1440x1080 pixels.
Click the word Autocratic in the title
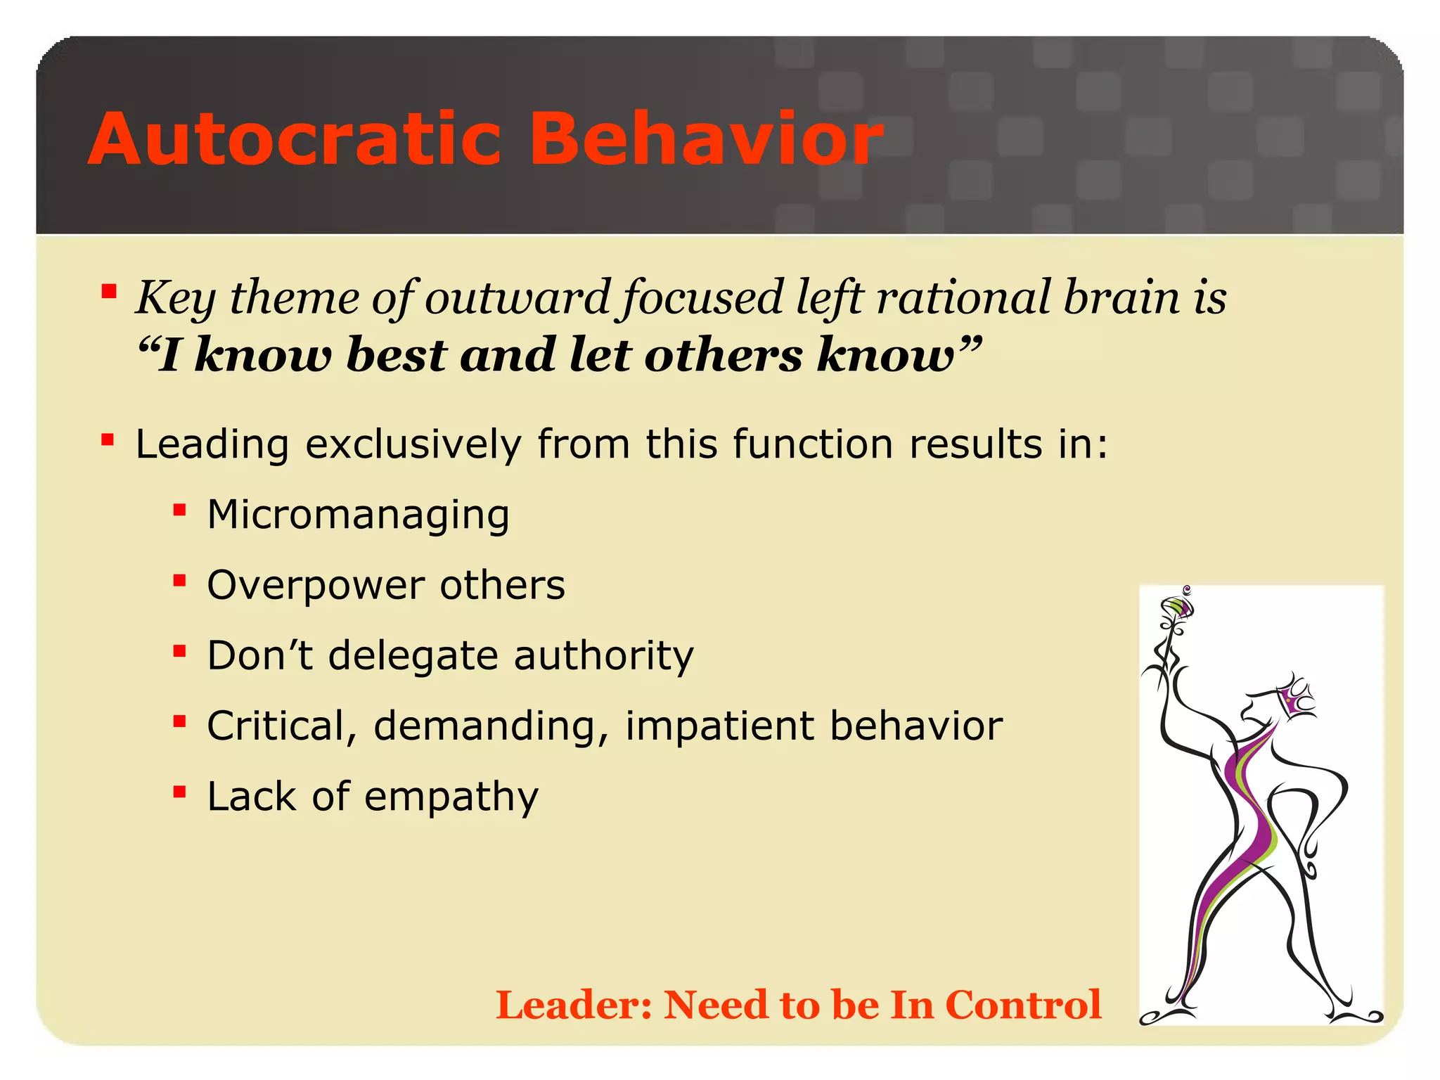[x=294, y=139]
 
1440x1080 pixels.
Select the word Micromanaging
[x=358, y=515]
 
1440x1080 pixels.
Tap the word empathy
[x=451, y=797]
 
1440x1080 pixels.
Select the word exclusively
[x=413, y=445]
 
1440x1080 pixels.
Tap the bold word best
[x=397, y=354]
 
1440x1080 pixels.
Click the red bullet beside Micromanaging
[x=179, y=510]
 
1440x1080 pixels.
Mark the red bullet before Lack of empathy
[x=179, y=792]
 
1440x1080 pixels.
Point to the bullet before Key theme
[x=108, y=291]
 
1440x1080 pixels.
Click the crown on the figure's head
[x=1296, y=696]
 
